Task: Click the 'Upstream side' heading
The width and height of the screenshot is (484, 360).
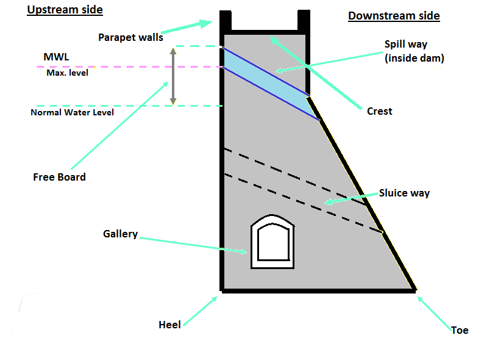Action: [65, 10]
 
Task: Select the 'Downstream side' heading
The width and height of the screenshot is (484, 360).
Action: [394, 16]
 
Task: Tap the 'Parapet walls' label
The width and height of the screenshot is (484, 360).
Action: [130, 37]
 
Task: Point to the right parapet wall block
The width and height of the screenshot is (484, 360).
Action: [304, 20]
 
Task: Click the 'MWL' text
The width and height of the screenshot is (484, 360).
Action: [56, 57]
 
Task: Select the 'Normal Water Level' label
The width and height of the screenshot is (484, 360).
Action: [72, 112]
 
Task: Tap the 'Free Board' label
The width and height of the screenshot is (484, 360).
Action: [59, 177]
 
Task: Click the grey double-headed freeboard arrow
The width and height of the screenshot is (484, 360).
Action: [173, 76]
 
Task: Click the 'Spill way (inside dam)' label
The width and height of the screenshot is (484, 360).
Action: [415, 51]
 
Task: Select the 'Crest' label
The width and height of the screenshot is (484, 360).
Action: [379, 111]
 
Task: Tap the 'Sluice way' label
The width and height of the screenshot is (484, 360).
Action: [404, 193]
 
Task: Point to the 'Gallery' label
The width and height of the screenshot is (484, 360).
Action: [120, 234]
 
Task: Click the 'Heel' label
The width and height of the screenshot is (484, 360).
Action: [169, 325]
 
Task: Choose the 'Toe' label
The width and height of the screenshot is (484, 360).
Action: [460, 330]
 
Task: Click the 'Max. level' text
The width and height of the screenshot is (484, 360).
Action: [67, 73]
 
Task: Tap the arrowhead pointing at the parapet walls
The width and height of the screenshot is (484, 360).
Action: [206, 23]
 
